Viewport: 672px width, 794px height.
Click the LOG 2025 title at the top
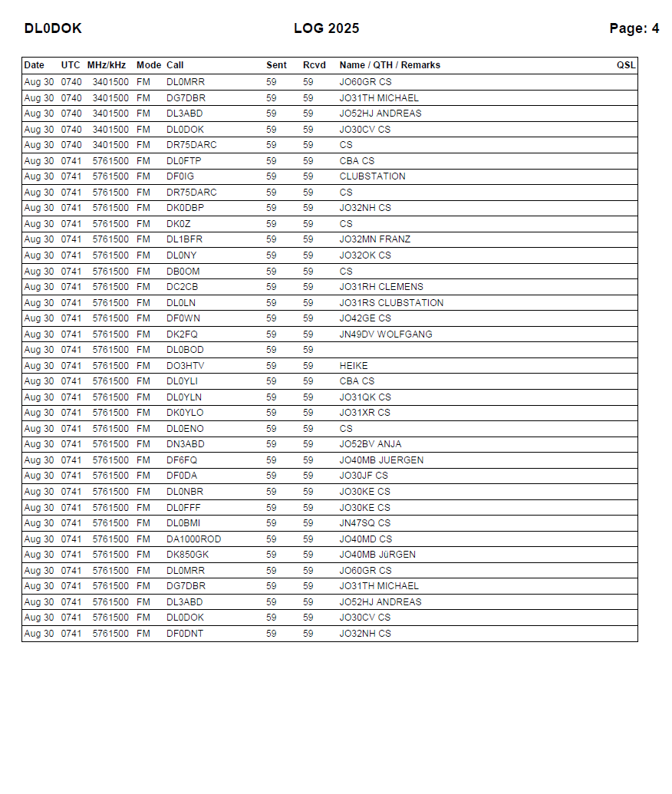[x=326, y=28]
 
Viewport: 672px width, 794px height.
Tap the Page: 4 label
[x=634, y=28]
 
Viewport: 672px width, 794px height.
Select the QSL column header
[x=626, y=65]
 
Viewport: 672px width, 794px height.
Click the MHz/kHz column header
[x=107, y=65]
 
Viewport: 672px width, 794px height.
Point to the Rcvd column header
[x=314, y=65]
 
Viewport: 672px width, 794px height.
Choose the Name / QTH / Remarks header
[x=390, y=65]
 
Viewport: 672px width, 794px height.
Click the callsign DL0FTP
[x=184, y=161]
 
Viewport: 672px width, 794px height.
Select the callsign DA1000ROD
[x=193, y=539]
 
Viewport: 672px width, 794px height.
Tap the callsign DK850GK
[x=187, y=555]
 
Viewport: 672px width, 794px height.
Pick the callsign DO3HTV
[x=185, y=366]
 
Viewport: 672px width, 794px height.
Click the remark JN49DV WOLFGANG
[x=386, y=334]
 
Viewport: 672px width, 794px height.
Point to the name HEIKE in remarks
[x=354, y=366]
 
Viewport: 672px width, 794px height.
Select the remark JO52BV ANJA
[x=371, y=444]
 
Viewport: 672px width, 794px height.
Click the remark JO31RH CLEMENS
[x=381, y=287]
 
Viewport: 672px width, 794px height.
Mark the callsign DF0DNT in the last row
[x=185, y=634]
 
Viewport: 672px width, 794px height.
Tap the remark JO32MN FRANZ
[x=375, y=239]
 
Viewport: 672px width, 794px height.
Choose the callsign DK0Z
[x=179, y=224]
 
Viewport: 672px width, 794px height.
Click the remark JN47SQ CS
[x=365, y=523]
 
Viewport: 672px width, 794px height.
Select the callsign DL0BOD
[x=185, y=350]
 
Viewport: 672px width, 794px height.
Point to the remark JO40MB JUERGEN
[x=381, y=460]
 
